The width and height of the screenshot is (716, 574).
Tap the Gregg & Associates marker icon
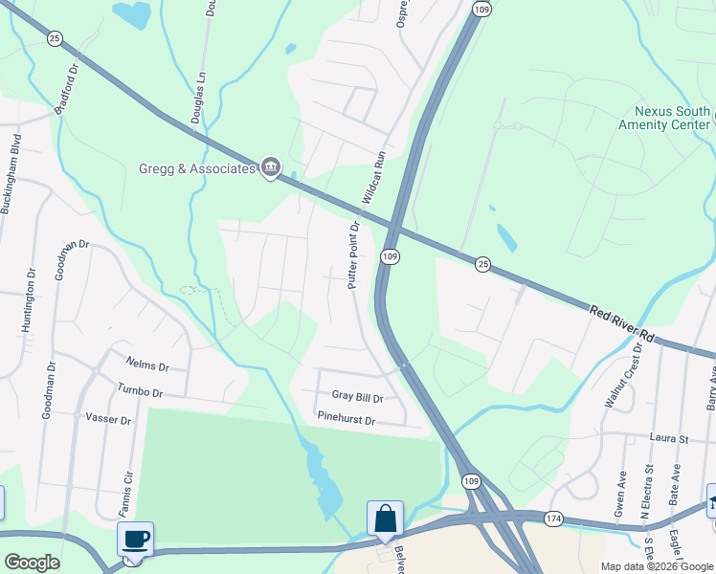coord(271,168)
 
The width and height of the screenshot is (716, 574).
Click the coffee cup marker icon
coord(135,538)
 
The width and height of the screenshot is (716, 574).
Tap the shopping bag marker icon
coord(385,519)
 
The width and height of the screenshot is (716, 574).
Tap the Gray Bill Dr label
coord(357,397)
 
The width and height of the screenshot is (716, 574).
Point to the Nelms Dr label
coord(147,365)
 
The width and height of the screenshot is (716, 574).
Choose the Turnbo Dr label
coord(140,392)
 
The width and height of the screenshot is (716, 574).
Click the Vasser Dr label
coord(108,418)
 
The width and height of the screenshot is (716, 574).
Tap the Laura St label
coord(671,438)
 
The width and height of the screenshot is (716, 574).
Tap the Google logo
coord(33,563)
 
